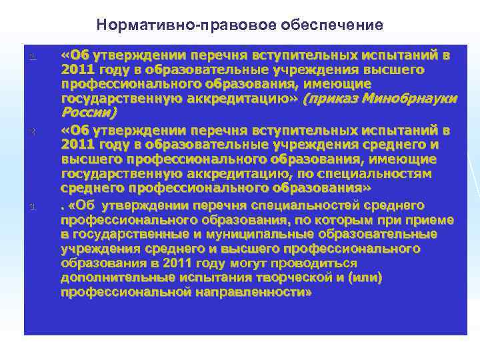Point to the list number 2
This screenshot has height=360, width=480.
click(x=31, y=130)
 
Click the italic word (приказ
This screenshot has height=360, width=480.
click(x=327, y=99)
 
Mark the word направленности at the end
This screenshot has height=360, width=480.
click(x=253, y=293)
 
